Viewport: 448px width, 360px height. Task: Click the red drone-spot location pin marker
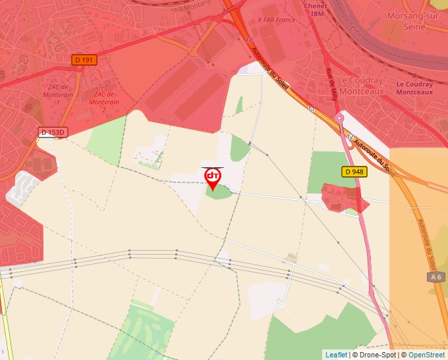(x=213, y=178)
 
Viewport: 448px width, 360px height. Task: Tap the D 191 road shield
(x=84, y=60)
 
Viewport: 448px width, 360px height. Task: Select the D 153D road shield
(x=53, y=132)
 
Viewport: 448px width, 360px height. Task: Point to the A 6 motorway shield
(x=435, y=277)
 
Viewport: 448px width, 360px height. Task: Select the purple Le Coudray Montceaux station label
(x=414, y=88)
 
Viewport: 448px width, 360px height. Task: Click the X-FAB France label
(x=276, y=20)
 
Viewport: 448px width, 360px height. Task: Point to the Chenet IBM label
(x=317, y=9)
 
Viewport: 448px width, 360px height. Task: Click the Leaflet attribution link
(x=336, y=355)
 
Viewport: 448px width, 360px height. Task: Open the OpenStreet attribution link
(x=426, y=355)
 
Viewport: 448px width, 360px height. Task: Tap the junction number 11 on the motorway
(x=311, y=109)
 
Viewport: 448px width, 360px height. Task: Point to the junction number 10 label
(x=248, y=40)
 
